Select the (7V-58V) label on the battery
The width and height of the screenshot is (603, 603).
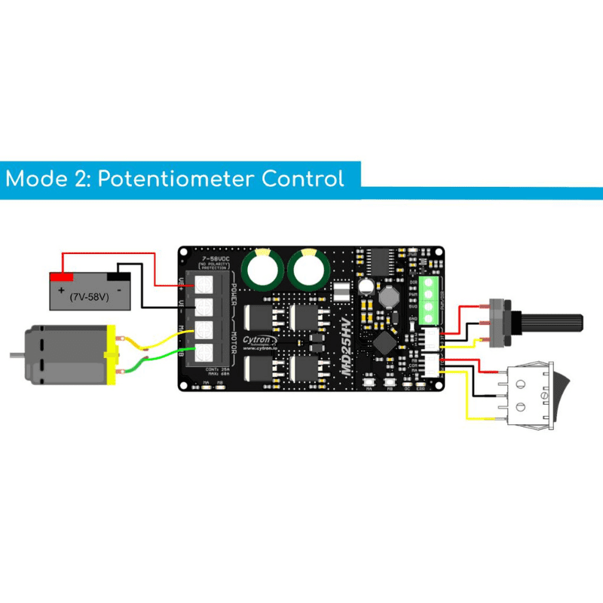[x=90, y=297]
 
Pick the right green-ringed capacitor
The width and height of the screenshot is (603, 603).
[x=309, y=268]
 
